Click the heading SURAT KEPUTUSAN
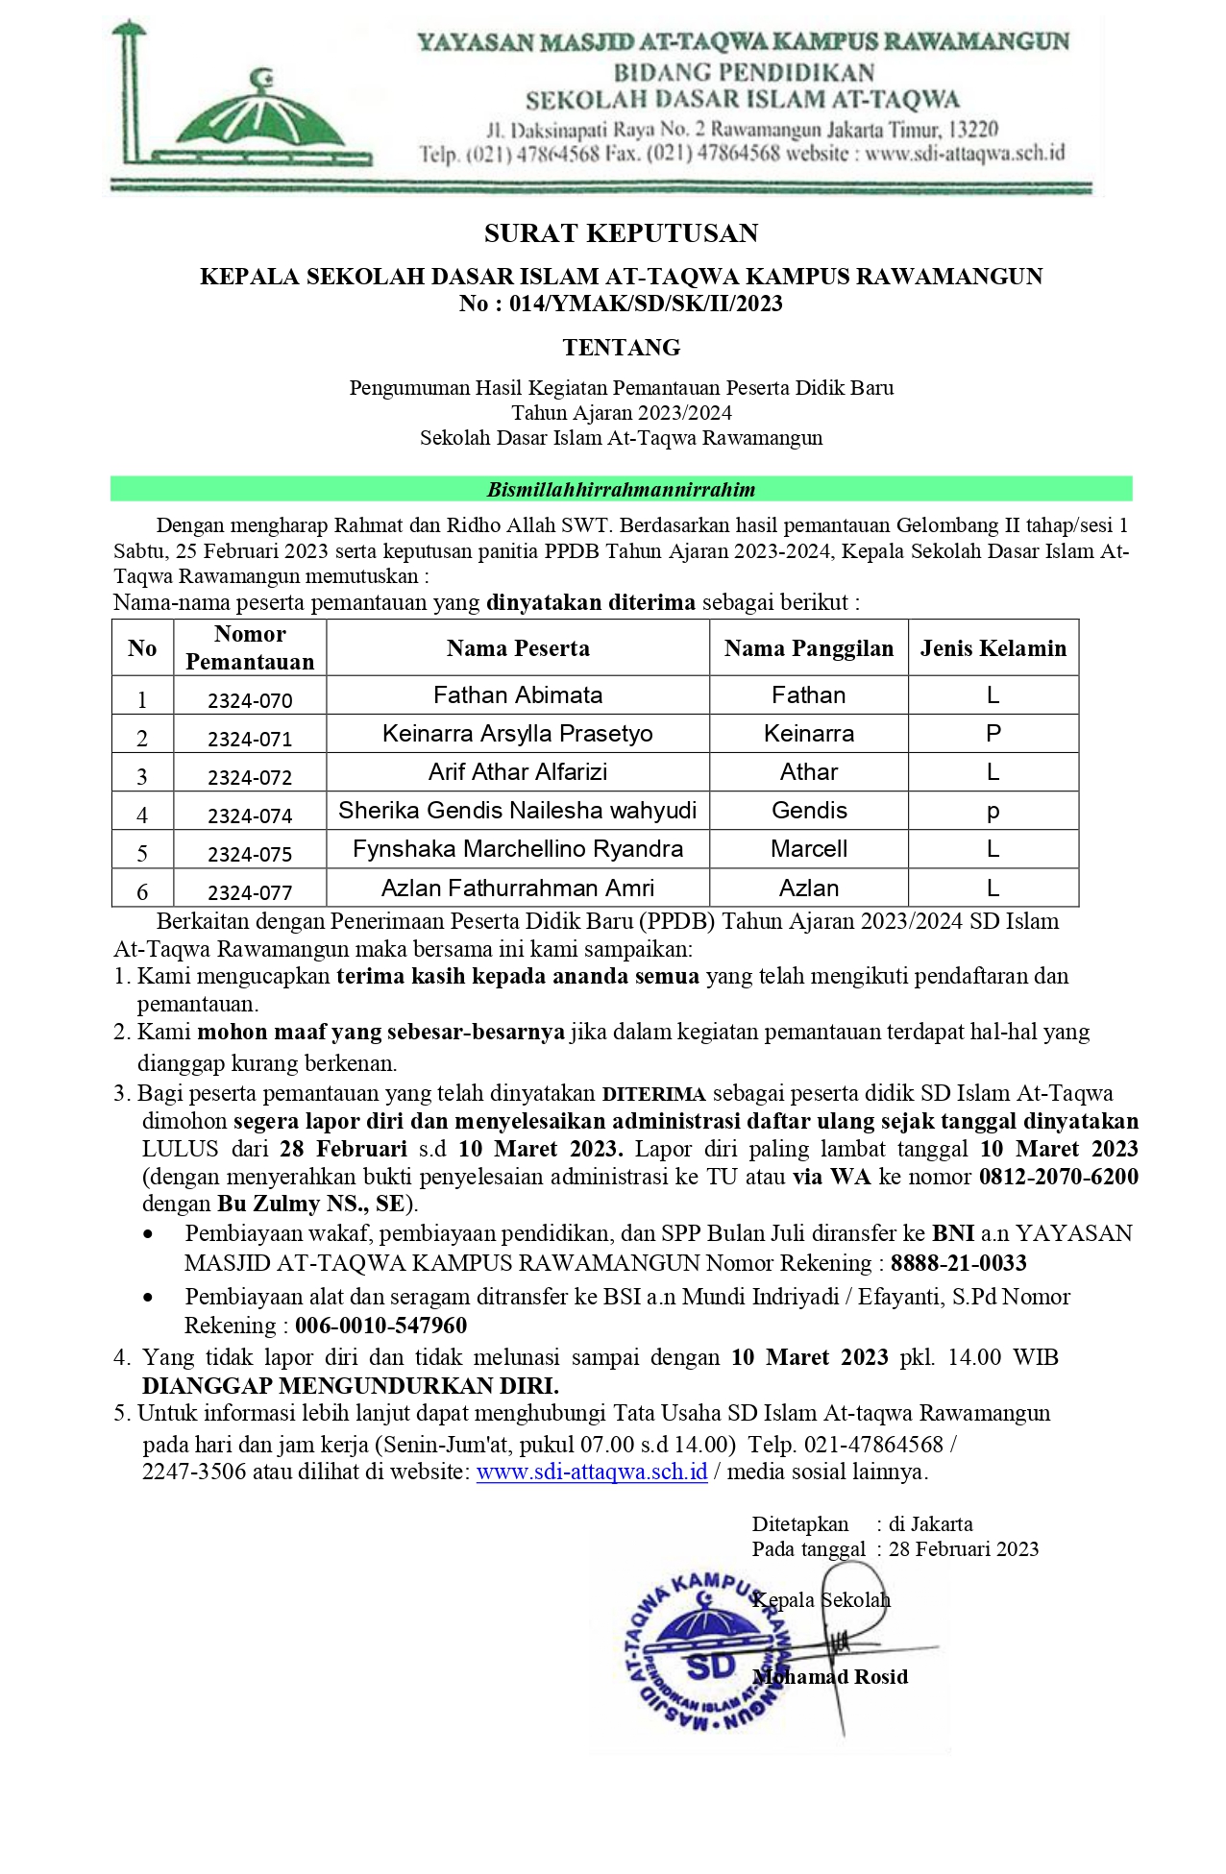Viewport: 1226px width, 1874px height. point(621,233)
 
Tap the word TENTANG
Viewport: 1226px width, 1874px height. point(621,348)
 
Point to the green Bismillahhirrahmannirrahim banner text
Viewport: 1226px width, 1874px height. point(621,490)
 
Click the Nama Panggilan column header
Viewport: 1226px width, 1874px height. point(808,648)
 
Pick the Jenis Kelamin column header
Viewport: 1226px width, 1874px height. point(993,648)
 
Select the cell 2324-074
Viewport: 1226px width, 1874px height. point(250,815)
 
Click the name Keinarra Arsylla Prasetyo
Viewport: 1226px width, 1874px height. point(517,734)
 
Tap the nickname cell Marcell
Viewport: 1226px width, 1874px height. point(808,849)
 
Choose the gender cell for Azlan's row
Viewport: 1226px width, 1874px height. point(993,888)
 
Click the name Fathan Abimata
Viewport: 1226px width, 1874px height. point(517,695)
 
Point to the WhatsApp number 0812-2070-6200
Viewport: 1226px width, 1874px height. point(1058,1177)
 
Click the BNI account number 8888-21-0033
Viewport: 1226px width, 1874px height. point(958,1263)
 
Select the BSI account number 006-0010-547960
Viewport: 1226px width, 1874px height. point(380,1326)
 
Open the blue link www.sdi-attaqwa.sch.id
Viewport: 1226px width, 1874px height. point(592,1472)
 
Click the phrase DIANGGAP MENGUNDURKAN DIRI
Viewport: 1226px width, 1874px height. point(350,1386)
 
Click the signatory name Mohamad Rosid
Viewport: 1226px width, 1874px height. point(831,1677)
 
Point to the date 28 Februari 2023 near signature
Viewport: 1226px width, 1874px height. point(963,1549)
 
